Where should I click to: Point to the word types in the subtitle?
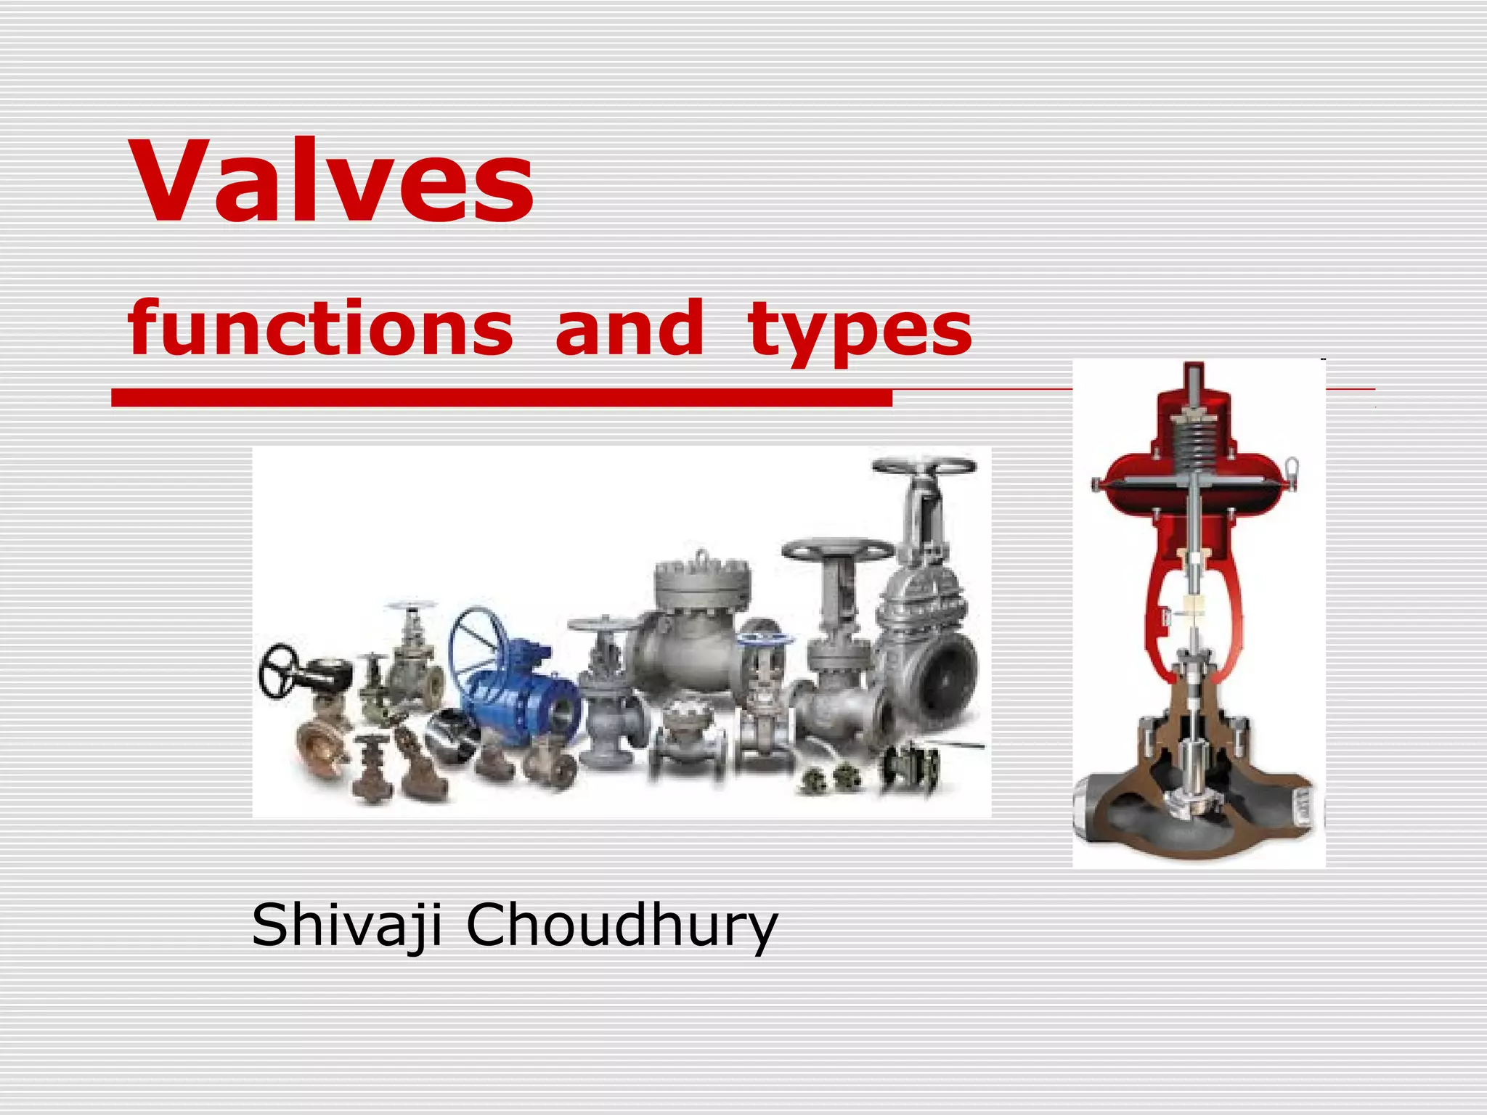(860, 331)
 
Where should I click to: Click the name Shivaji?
(346, 926)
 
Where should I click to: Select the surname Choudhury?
(622, 926)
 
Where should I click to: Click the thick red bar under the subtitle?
(501, 397)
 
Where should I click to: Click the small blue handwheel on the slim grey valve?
(762, 640)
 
